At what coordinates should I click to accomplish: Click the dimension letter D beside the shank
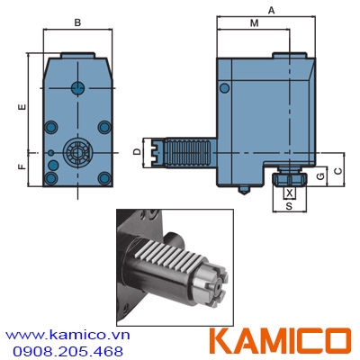click(x=137, y=151)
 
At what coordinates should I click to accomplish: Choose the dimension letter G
click(x=319, y=175)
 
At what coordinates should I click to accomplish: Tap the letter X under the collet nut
click(x=289, y=193)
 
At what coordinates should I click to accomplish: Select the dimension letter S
click(x=289, y=206)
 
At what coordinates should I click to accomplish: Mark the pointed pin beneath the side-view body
click(x=244, y=190)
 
